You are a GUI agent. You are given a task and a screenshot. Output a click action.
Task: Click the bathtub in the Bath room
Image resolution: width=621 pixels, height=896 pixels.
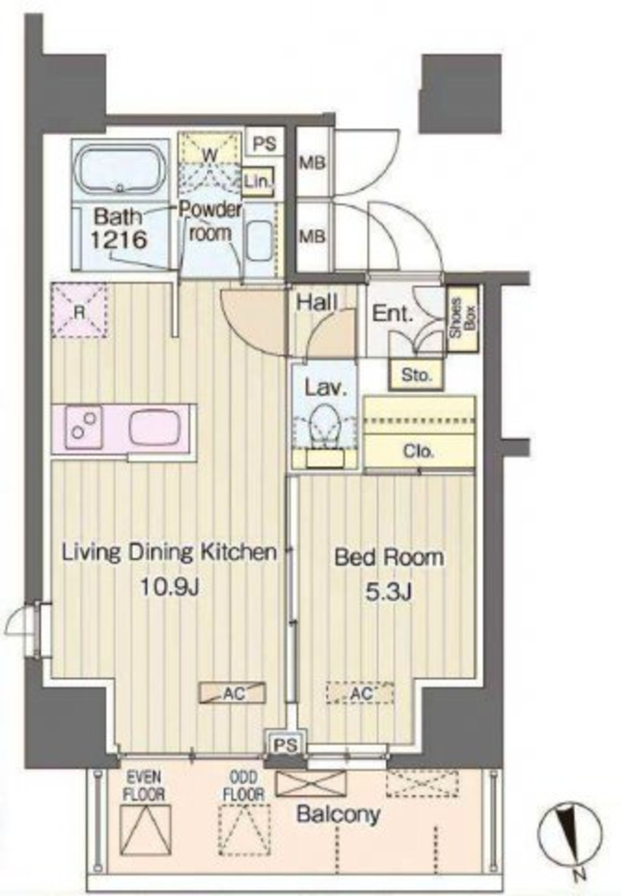point(121,170)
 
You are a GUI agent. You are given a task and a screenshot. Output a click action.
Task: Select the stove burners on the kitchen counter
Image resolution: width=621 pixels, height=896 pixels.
point(84,427)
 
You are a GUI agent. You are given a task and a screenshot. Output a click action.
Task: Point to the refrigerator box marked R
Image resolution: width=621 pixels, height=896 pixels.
point(80,311)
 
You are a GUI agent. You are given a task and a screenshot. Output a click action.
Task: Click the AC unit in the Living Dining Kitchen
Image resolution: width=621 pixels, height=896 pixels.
point(232,693)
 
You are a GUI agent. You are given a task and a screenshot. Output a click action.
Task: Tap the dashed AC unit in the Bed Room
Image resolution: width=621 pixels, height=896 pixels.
point(359,693)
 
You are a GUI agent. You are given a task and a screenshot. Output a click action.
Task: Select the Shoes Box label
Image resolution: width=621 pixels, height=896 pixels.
point(463,317)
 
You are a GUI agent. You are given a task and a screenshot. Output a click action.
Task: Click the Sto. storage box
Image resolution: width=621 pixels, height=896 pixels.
point(416,375)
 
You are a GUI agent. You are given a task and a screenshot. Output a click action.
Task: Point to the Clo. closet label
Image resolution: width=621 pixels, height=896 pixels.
point(419,451)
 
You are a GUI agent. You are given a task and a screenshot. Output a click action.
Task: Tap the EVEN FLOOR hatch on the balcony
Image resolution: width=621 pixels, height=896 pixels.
point(146,830)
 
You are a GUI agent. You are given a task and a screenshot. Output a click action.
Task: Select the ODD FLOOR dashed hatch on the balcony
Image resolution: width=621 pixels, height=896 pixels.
point(245,830)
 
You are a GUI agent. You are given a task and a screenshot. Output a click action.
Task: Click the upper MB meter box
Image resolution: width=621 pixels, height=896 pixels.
point(312,162)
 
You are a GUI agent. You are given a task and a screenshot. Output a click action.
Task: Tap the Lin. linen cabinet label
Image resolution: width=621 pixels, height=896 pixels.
point(258,182)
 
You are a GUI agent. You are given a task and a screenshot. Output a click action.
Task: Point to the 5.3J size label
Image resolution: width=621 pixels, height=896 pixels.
point(388,592)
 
